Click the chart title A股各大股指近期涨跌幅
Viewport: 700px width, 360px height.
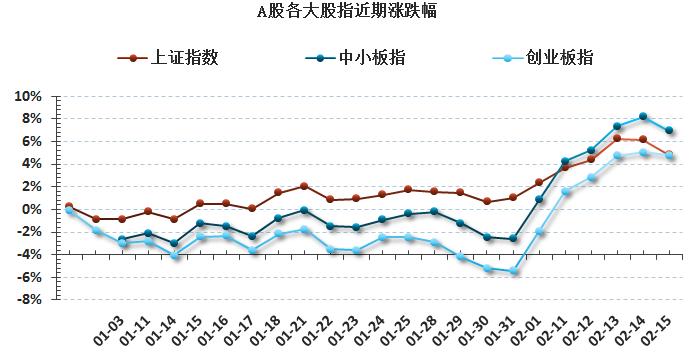(346, 12)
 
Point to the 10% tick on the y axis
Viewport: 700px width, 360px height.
(28, 97)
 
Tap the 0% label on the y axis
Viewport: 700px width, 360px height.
(32, 209)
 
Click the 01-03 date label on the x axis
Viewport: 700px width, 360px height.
(110, 327)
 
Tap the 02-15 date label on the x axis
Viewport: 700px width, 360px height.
(658, 327)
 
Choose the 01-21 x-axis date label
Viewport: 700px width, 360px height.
(293, 327)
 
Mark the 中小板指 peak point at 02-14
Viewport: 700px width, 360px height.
(643, 116)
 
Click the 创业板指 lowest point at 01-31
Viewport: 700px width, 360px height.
(513, 272)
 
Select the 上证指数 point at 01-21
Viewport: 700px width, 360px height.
(304, 186)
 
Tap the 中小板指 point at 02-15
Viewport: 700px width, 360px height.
(669, 131)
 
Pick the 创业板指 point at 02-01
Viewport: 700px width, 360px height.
(539, 232)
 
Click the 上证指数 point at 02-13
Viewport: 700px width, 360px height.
(617, 138)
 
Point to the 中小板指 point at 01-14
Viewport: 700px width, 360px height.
(174, 243)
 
